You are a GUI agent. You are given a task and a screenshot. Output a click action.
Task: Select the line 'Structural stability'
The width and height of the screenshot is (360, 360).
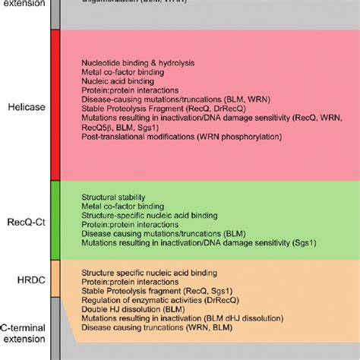point(112,197)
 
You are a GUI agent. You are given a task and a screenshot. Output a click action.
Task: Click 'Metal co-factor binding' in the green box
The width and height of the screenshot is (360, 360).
point(122,207)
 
